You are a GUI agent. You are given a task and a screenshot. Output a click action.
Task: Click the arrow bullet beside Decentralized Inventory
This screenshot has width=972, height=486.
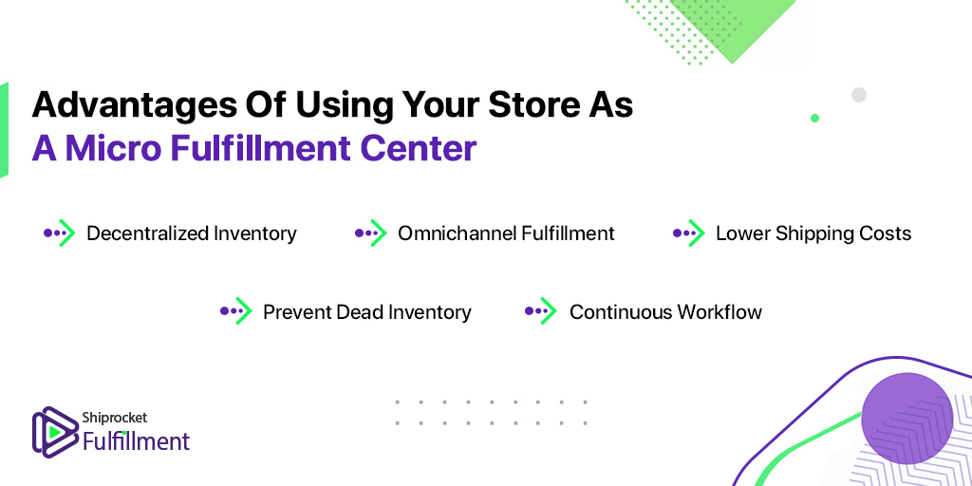[x=60, y=234]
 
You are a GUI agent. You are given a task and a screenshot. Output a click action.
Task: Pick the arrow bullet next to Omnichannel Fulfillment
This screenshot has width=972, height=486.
[x=371, y=234]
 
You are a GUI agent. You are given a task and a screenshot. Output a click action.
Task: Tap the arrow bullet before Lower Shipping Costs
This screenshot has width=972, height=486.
[x=689, y=234]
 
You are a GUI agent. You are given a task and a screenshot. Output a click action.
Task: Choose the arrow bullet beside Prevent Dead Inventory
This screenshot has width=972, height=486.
[x=236, y=311]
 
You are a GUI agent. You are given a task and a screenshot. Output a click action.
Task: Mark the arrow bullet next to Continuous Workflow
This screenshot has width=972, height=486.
[x=541, y=311]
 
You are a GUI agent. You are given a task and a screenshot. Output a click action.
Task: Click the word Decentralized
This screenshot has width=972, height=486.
[x=147, y=234]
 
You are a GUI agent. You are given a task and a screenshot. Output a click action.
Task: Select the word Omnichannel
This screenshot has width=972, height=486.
[x=457, y=234]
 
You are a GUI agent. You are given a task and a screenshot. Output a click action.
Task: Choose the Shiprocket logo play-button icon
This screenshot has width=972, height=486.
[x=54, y=432]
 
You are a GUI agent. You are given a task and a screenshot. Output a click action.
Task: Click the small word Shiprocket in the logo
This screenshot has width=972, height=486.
[x=115, y=419]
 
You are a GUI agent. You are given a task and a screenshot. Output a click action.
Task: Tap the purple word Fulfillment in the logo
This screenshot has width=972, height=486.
[x=137, y=441]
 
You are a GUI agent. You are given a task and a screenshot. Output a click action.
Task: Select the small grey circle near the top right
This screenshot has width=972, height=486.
[x=858, y=95]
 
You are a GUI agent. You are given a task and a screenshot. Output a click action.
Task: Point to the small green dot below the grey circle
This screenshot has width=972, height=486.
[x=814, y=118]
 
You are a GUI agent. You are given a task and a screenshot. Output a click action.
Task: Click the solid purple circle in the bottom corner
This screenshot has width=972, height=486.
[x=907, y=418]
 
